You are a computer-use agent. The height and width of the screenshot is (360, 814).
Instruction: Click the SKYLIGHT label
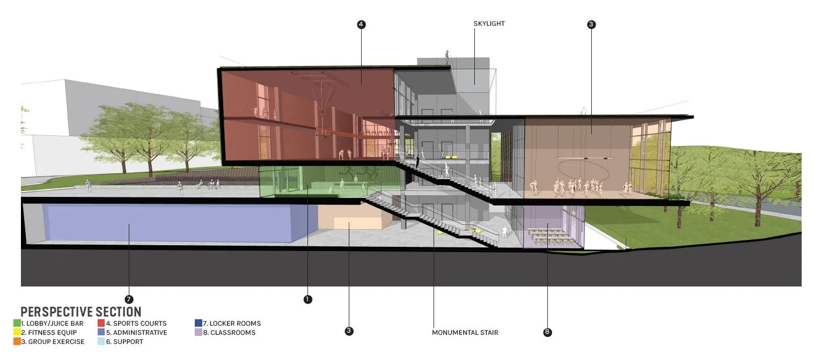point(489,24)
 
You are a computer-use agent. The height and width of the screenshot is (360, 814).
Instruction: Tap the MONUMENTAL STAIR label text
point(465,333)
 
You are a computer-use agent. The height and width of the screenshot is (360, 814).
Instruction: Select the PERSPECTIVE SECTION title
point(81,312)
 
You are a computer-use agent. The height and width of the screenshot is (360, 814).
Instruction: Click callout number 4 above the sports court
point(361,24)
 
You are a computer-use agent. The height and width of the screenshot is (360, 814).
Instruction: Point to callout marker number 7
point(129,299)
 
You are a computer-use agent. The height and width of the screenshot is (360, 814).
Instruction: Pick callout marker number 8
point(547,332)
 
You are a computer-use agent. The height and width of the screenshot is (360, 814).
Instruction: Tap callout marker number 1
point(307,299)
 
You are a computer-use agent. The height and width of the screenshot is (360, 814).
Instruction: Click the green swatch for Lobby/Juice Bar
point(17,324)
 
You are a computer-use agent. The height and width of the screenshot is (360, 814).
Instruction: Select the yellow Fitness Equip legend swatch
point(17,333)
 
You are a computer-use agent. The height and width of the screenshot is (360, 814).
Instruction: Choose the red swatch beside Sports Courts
point(101,324)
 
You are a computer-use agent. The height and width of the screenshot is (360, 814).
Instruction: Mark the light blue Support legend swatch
point(101,342)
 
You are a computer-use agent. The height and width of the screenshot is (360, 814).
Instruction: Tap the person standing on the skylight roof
point(446,56)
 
